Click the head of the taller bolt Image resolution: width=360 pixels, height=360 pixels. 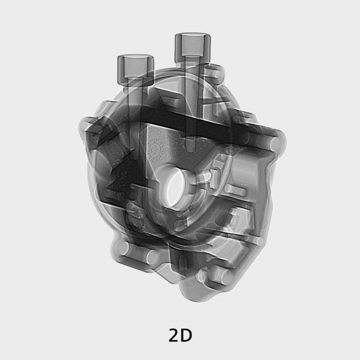click(193, 44)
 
